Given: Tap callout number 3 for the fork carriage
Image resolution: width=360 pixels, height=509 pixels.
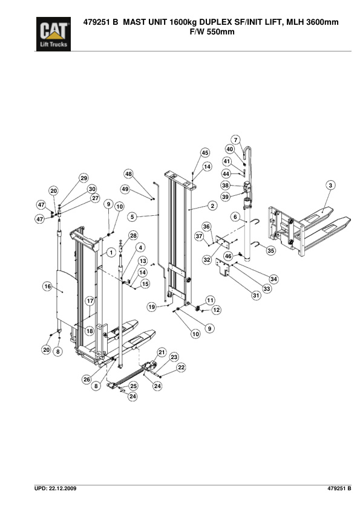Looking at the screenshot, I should coord(330,185).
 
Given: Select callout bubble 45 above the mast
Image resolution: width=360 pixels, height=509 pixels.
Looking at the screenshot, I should coord(205,153).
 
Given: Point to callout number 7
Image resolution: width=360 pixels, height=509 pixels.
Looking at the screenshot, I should coord(235,140).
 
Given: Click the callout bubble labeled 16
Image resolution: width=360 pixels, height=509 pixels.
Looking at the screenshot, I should coord(47,287).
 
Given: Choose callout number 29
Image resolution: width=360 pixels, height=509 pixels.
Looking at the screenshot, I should coord(84,178).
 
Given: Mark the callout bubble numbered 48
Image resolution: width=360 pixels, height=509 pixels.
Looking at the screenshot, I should coord(129,174).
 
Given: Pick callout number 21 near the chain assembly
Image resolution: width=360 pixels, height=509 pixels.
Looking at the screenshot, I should coord(162,352).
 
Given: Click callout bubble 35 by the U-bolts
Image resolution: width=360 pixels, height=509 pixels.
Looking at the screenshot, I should coord(270,250).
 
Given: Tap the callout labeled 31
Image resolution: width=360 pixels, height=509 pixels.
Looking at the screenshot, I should coord(256,295).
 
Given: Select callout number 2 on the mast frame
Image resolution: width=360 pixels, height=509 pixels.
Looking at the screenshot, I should coord(212,206).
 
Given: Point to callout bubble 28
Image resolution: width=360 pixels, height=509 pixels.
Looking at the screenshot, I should coord(133,235).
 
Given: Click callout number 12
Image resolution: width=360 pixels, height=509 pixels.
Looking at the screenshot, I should coord(216,310).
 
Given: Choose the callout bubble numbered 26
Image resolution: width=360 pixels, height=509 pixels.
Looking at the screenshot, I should coord(86,380).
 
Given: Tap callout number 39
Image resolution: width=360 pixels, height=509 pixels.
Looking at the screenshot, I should coord(226,196).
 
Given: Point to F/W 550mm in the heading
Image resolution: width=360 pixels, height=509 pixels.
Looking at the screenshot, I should coord(212,32).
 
